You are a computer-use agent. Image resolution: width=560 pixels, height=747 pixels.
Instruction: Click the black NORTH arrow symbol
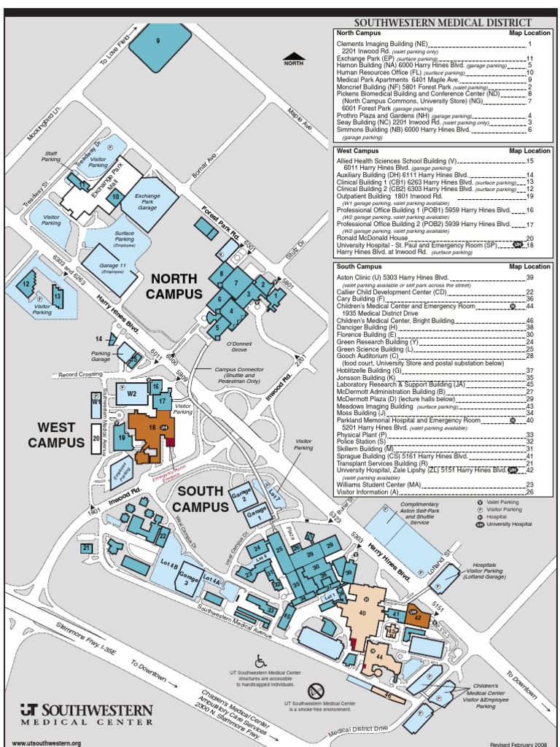coord(293,56)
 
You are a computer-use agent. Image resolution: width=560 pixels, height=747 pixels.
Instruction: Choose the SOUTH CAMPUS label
coord(201,499)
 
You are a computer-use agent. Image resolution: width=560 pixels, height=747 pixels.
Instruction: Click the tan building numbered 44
coord(382,658)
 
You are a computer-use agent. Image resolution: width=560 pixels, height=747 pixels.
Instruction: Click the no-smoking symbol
coord(315,691)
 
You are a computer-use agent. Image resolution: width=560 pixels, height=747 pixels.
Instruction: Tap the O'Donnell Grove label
coord(238,344)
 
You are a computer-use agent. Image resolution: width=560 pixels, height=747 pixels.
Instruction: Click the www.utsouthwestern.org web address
coord(47,743)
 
